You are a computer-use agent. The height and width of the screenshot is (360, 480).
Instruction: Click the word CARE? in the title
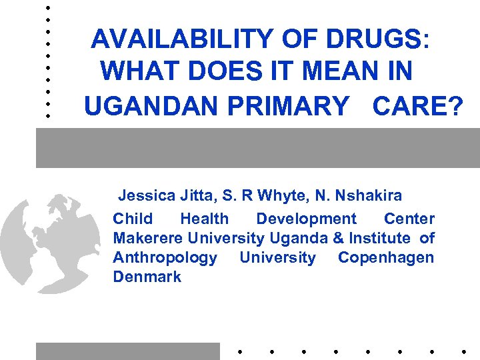pyautogui.click(x=417, y=105)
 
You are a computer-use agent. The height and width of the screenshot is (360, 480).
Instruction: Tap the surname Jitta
pyautogui.click(x=197, y=196)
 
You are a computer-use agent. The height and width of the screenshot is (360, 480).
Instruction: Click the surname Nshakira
pyautogui.click(x=369, y=196)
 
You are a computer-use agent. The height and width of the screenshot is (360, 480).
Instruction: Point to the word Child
pyautogui.click(x=133, y=219)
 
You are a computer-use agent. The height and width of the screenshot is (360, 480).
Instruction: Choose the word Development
pyautogui.click(x=306, y=219)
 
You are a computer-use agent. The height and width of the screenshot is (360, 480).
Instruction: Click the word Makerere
pyautogui.click(x=148, y=238)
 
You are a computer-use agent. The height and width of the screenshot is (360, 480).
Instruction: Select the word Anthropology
pyautogui.click(x=165, y=257)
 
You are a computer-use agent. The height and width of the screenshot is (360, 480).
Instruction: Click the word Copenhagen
pyautogui.click(x=385, y=257)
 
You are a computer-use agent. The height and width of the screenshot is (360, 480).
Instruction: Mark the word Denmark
pyautogui.click(x=147, y=277)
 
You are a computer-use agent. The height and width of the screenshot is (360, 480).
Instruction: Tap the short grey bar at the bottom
pyautogui.click(x=127, y=351)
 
